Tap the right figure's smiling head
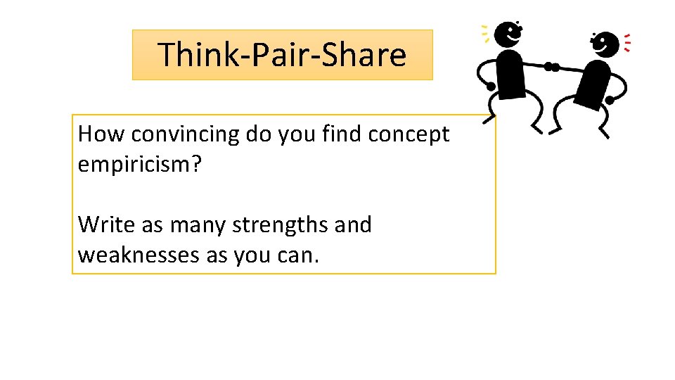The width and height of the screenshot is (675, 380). pos(604,44)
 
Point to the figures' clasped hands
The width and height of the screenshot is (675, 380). pos(552,68)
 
